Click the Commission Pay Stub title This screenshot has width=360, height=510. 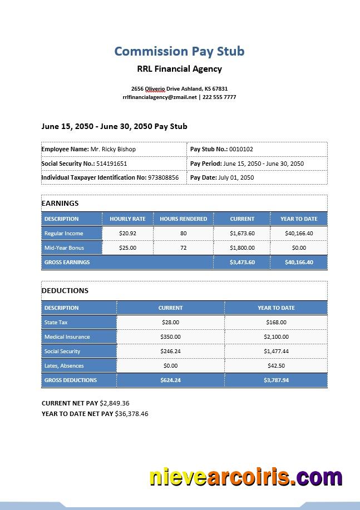click(179, 51)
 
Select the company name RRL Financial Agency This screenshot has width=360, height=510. click(179, 69)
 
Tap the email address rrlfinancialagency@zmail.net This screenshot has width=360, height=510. click(160, 97)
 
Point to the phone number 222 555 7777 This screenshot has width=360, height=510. click(219, 97)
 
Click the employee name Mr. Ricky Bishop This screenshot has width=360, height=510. click(113, 149)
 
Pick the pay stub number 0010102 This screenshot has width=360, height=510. click(241, 149)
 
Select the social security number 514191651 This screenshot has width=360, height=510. click(111, 164)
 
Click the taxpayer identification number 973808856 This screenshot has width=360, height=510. click(163, 177)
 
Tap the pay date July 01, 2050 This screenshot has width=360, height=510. click(236, 177)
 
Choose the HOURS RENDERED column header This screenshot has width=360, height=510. click(183, 219)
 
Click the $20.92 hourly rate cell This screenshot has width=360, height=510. click(127, 233)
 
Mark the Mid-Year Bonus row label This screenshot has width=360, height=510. click(64, 247)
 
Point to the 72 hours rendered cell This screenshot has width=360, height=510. click(183, 247)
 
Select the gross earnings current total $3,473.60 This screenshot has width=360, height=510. click(242, 262)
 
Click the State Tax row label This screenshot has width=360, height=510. click(56, 322)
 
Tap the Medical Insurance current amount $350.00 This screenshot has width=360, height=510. click(170, 336)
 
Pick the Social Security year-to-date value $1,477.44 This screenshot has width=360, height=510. click(276, 351)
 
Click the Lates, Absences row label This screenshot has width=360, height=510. click(64, 365)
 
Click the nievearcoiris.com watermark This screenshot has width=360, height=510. click(245, 478)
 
